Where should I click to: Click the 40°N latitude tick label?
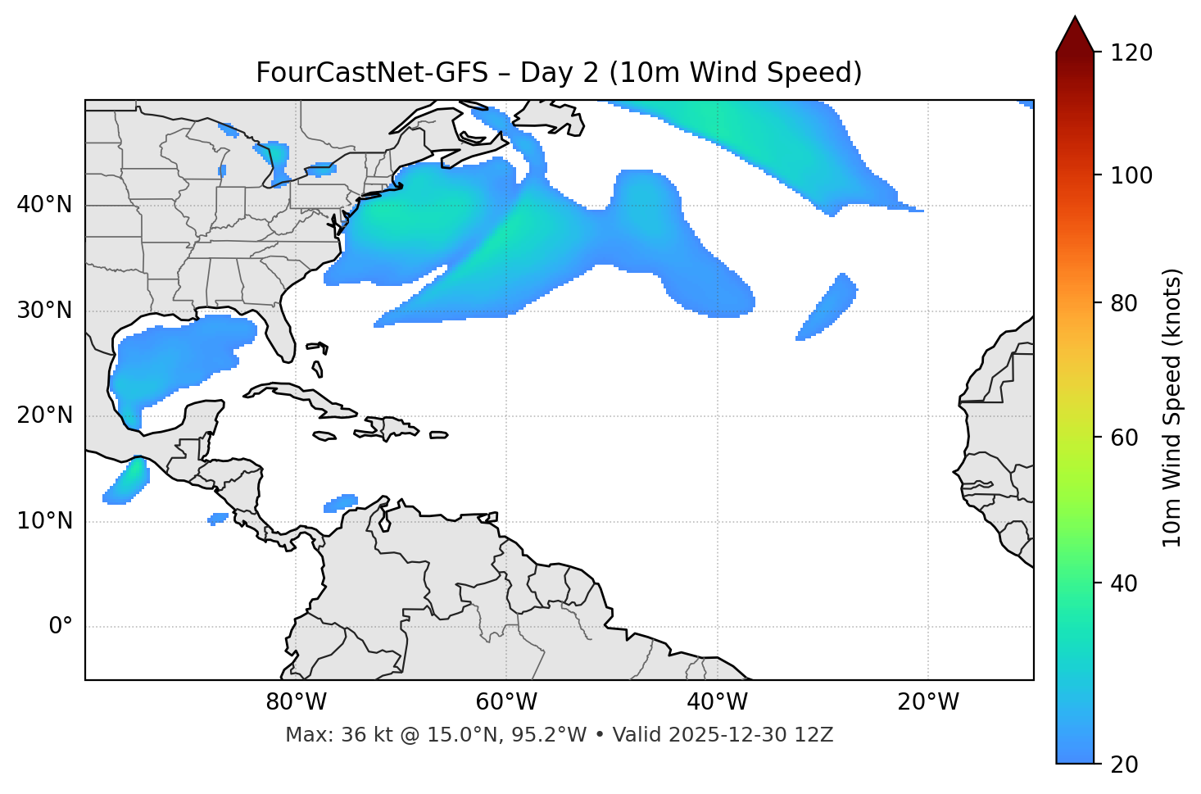(44, 205)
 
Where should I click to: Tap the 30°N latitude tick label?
(44, 311)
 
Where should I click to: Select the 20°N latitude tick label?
(44, 415)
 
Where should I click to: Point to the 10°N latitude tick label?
(44, 521)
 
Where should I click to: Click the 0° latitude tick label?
(61, 627)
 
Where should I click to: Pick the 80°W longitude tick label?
(296, 702)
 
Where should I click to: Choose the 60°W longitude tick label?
(506, 702)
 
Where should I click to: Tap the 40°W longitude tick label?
(717, 702)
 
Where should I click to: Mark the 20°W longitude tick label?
(927, 702)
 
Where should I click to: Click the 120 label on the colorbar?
(1131, 52)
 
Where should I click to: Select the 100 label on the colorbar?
(1131, 175)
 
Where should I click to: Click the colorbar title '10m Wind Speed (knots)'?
(1172, 407)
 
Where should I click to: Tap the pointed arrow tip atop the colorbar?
(1075, 20)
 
